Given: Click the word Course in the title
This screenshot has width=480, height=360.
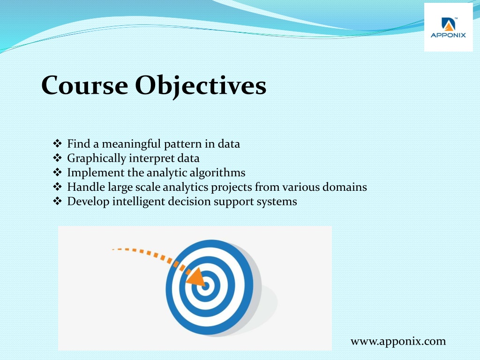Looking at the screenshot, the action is (x=85, y=85).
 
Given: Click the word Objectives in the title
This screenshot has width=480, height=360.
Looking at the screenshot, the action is (x=201, y=87).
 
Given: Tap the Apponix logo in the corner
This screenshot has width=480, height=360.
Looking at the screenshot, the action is (x=448, y=28).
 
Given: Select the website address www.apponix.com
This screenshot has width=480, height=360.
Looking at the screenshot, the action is (x=398, y=341).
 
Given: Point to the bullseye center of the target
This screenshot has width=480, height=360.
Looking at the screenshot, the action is (x=205, y=286).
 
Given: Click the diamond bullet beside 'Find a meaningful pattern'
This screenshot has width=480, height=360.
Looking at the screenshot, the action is (x=57, y=143).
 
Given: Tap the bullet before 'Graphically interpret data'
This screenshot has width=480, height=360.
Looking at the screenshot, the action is (x=57, y=157).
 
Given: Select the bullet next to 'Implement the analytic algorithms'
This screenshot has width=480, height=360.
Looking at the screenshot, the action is (x=57, y=172).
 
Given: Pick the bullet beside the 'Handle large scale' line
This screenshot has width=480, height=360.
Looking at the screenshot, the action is (x=57, y=187).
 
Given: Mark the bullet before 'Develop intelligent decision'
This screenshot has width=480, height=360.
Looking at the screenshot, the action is (x=57, y=201).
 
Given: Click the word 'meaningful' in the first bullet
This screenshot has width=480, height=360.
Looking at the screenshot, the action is (x=131, y=144).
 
